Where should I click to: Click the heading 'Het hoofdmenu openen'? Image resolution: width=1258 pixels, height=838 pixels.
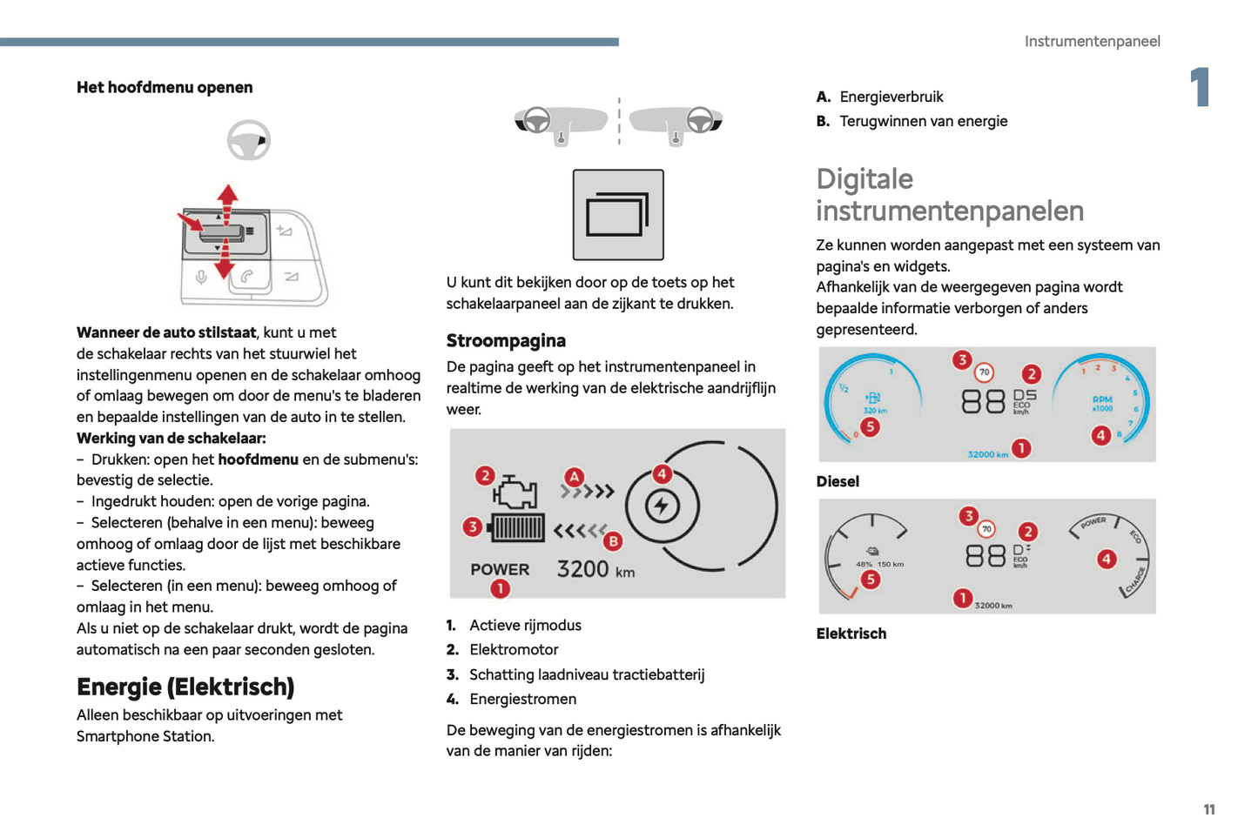click(x=165, y=88)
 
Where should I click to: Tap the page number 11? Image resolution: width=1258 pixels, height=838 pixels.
click(x=1209, y=809)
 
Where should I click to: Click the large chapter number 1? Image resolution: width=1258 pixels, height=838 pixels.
click(x=1200, y=87)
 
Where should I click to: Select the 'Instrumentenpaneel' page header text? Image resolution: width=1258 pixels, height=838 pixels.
click(x=1093, y=42)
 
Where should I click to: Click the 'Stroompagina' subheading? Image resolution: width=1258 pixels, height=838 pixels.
click(x=506, y=341)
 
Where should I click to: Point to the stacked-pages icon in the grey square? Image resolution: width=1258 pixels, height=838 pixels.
click(x=617, y=214)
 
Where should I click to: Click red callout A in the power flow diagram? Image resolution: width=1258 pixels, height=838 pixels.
click(x=574, y=477)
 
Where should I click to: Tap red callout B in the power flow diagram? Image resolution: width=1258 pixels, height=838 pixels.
click(x=613, y=541)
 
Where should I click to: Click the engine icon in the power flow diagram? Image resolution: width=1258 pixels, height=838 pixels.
click(x=515, y=493)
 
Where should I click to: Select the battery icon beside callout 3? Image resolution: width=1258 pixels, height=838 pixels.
click(x=516, y=528)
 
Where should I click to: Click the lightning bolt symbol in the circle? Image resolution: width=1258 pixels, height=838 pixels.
click(x=663, y=506)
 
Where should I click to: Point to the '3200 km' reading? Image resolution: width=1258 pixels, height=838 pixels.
click(x=595, y=570)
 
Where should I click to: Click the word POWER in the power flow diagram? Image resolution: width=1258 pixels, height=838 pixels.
click(x=500, y=570)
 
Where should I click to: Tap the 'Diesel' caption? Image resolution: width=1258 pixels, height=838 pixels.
click(x=838, y=481)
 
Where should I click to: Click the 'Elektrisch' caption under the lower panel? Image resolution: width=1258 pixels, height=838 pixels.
click(x=851, y=634)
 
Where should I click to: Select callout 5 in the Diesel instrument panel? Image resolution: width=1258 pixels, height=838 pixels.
click(x=870, y=427)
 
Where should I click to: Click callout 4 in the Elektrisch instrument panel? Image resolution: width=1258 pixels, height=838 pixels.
click(x=1107, y=559)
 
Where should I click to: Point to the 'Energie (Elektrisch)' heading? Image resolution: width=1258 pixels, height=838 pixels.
click(x=185, y=687)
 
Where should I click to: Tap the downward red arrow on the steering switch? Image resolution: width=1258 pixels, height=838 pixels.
click(x=225, y=259)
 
